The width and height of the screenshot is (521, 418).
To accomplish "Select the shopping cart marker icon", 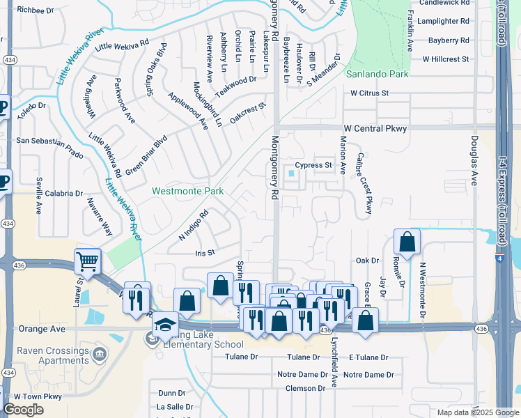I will (x=88, y=262).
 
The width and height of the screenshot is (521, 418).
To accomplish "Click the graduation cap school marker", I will (x=165, y=324).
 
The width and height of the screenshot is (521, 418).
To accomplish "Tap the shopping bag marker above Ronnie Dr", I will (x=407, y=242).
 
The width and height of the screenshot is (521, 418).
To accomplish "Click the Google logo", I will (x=24, y=410).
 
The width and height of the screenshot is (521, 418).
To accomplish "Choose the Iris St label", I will (x=205, y=254).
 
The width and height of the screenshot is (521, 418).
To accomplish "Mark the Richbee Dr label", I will (x=36, y=10).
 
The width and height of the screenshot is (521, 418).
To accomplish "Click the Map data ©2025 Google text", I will (x=477, y=412).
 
